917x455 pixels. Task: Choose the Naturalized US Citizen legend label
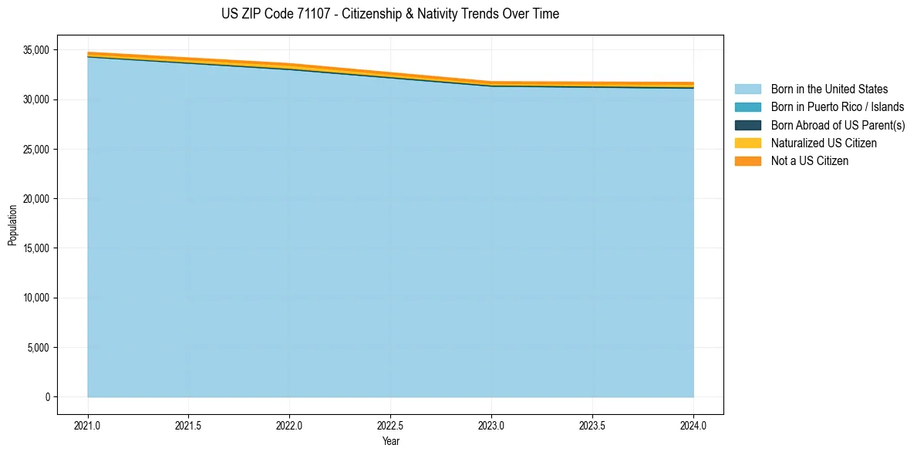pyautogui.click(x=824, y=143)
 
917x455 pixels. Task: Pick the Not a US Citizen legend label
pyautogui.click(x=809, y=161)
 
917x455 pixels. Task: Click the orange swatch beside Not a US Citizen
pyautogui.click(x=747, y=161)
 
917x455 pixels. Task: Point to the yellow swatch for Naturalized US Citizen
pyautogui.click(x=747, y=143)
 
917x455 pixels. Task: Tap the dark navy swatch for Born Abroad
pyautogui.click(x=747, y=125)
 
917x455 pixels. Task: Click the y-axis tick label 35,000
pyautogui.click(x=38, y=50)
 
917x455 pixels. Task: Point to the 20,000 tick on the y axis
pyautogui.click(x=38, y=199)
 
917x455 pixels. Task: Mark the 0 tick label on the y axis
pyautogui.click(x=47, y=397)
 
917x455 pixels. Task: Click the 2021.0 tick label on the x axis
pyautogui.click(x=88, y=425)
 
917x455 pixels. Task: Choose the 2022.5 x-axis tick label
pyautogui.click(x=390, y=425)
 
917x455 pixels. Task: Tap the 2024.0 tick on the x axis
pyautogui.click(x=693, y=425)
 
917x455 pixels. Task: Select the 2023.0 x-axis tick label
pyautogui.click(x=491, y=425)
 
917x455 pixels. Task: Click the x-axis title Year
pyautogui.click(x=390, y=441)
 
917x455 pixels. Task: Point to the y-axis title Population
pyautogui.click(x=12, y=225)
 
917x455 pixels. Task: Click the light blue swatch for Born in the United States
pyautogui.click(x=747, y=89)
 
